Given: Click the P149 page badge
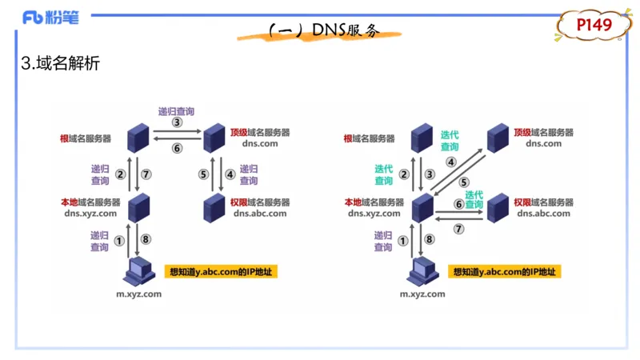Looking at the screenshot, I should click(594, 26).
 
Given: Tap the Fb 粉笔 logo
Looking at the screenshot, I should click(51, 17).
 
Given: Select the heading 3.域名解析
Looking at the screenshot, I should click(61, 64).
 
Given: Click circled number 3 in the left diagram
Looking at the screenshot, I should click(177, 123).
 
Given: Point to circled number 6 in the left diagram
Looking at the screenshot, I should click(177, 148).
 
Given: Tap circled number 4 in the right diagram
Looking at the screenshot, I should click(451, 162).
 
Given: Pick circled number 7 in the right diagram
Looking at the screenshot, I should click(458, 228).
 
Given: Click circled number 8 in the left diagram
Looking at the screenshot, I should click(145, 239).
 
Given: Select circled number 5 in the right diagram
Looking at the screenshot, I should click(463, 182).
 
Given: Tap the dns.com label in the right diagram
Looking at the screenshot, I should click(543, 143).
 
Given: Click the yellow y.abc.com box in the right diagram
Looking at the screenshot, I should click(504, 272).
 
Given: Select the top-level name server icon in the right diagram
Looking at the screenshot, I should click(498, 138).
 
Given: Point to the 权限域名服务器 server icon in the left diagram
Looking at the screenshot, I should click(213, 207).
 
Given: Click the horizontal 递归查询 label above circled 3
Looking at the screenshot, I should click(176, 111).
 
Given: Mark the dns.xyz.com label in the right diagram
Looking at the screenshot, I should click(374, 214).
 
